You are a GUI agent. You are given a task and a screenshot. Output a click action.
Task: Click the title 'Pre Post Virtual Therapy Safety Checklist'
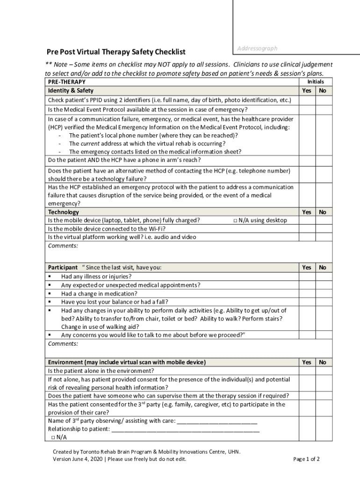(x=115, y=51)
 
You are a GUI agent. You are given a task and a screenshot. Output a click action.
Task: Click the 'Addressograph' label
(x=257, y=48)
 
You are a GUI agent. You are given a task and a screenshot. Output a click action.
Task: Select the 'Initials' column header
(x=315, y=81)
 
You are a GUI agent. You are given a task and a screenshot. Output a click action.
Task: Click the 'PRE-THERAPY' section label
(x=67, y=82)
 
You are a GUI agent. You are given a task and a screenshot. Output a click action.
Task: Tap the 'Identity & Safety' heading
(x=71, y=91)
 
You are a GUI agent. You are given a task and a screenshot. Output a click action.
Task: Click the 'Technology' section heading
(x=64, y=212)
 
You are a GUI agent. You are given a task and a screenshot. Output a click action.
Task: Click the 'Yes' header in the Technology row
(x=307, y=212)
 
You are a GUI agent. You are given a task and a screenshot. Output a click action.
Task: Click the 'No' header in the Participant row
(x=323, y=268)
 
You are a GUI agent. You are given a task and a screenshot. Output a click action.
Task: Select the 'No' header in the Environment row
(x=323, y=362)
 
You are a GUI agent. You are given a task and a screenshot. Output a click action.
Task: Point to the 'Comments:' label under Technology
(x=63, y=246)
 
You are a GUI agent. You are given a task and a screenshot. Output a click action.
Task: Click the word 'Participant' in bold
(x=63, y=268)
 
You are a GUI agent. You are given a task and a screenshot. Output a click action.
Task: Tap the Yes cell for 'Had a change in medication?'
(x=307, y=294)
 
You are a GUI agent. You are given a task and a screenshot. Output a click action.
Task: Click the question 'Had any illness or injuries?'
(x=96, y=276)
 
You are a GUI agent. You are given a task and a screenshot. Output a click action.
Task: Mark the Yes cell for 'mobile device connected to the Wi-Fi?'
(x=307, y=229)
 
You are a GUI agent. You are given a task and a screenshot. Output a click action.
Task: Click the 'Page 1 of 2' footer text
(x=306, y=459)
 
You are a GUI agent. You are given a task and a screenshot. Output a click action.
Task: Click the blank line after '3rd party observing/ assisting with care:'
(x=217, y=421)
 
